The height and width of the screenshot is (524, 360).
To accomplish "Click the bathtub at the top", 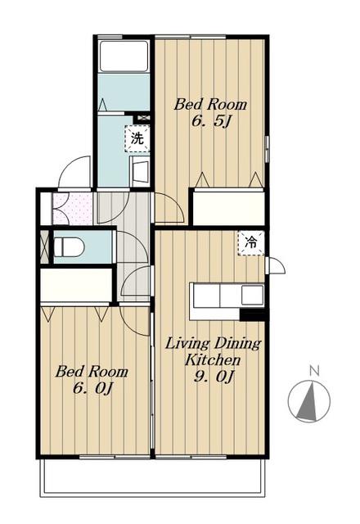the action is [124, 56].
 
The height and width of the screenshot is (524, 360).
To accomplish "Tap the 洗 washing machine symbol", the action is [137, 138].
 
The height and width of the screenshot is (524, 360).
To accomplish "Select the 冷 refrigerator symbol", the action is [251, 242].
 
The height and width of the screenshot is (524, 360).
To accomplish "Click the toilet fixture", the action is [69, 247].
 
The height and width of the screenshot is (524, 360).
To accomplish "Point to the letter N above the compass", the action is [314, 371].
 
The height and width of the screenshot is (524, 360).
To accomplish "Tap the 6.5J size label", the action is [211, 122].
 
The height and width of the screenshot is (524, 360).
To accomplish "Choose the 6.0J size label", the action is [92, 388].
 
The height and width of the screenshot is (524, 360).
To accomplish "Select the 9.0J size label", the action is [213, 377].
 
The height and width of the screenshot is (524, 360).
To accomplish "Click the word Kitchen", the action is [213, 360].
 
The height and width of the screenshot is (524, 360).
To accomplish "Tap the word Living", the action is [187, 344].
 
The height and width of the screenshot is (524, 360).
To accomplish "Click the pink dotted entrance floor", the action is [73, 209].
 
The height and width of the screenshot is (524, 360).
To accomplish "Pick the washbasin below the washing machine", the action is [140, 171].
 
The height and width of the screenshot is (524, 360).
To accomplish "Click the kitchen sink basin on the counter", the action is [252, 295].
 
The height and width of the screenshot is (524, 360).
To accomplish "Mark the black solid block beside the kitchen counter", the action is [252, 315].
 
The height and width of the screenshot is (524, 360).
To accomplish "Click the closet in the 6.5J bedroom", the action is [228, 207].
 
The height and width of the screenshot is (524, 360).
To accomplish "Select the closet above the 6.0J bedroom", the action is [76, 285].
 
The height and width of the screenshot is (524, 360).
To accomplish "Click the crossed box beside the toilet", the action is [44, 246].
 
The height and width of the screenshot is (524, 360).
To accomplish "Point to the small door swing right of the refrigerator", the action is [276, 265].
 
